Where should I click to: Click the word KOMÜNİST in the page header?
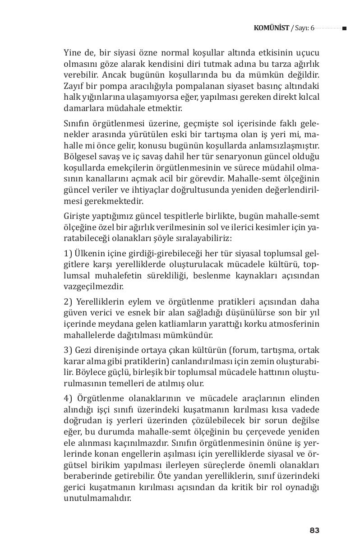coord(272,28)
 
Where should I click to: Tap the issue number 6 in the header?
coord(312,28)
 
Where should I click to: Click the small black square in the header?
coord(344,28)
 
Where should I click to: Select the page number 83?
coord(314,530)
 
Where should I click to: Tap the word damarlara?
coord(81,109)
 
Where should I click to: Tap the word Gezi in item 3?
coord(84,350)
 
